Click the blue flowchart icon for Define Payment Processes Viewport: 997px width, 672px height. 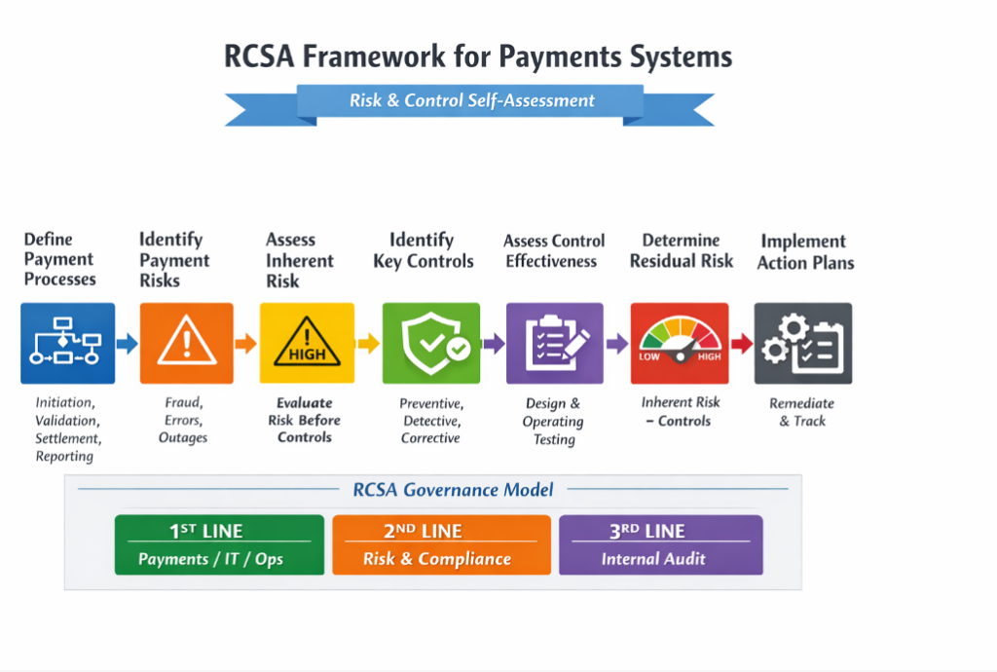point(67,343)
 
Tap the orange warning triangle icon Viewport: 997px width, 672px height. point(187,343)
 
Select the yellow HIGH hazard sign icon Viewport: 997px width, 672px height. point(307,343)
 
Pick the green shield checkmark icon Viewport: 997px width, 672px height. point(430,343)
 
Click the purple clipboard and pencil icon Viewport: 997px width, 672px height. point(554,343)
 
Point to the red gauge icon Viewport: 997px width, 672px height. point(679,343)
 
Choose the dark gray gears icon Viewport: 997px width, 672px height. point(803,343)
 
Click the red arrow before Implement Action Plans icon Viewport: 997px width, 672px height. point(741,344)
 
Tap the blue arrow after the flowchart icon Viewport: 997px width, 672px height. point(128,344)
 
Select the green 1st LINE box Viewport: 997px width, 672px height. point(219,544)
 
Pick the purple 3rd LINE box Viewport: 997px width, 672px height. point(660,544)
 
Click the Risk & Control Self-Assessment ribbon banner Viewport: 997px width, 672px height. point(471,100)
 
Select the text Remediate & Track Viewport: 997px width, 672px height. point(802,412)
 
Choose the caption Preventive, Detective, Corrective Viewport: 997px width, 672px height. point(430,421)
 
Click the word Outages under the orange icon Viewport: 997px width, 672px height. point(183,437)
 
